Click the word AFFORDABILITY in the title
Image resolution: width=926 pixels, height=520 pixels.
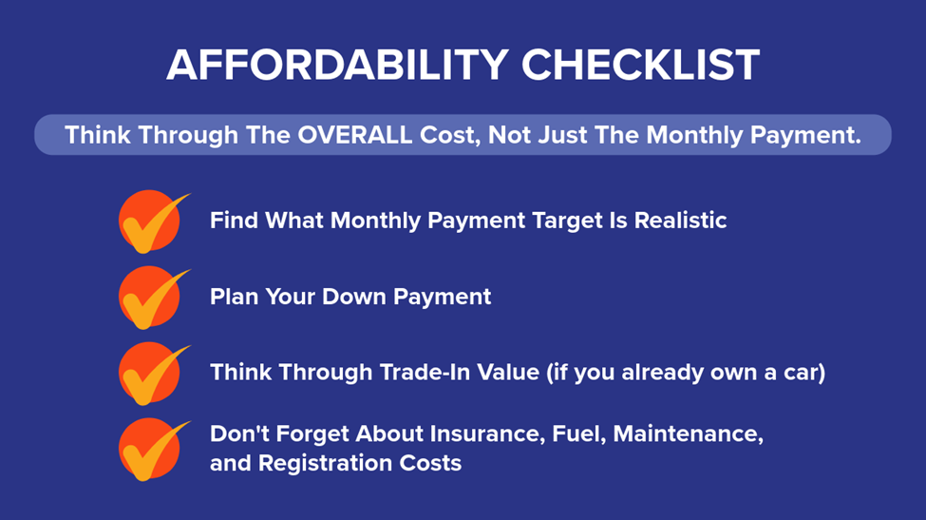click(337, 65)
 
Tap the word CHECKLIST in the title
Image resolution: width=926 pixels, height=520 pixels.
click(640, 65)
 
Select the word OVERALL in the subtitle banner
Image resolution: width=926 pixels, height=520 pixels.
click(355, 135)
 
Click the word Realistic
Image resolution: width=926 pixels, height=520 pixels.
click(680, 220)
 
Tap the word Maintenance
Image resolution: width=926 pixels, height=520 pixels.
click(689, 434)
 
